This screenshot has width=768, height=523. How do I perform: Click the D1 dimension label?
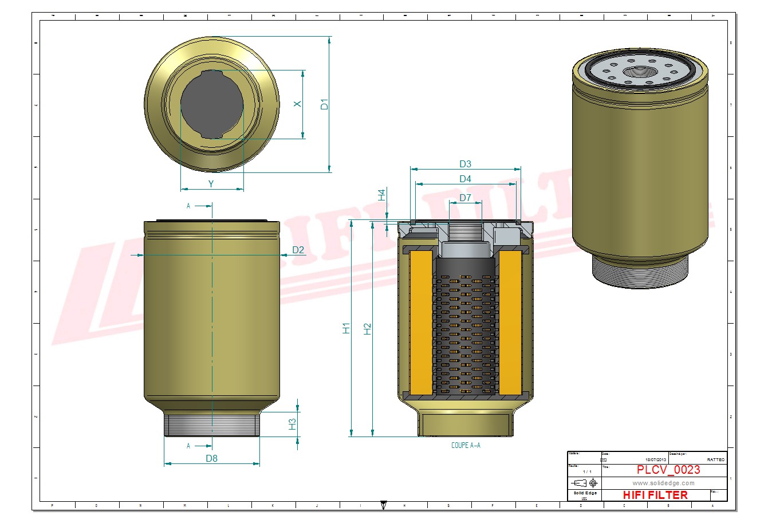pyautogui.click(x=324, y=104)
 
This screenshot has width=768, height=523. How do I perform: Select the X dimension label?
pyautogui.click(x=297, y=104)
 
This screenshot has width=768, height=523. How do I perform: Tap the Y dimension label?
pyautogui.click(x=211, y=184)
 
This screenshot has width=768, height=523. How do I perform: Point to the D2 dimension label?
pyautogui.click(x=298, y=250)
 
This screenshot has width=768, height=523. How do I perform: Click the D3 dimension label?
pyautogui.click(x=465, y=164)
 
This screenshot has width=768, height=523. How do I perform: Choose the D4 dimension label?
pyautogui.click(x=465, y=179)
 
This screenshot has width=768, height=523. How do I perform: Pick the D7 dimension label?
pyautogui.click(x=465, y=198)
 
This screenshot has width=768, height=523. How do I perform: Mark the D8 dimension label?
pyautogui.click(x=211, y=458)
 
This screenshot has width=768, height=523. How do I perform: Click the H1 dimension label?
pyautogui.click(x=346, y=328)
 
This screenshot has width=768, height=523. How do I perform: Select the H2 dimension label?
pyautogui.click(x=368, y=328)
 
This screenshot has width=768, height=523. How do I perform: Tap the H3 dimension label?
pyautogui.click(x=293, y=424)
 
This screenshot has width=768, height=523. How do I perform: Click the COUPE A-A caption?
pyautogui.click(x=466, y=446)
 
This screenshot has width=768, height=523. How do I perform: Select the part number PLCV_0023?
pyautogui.click(x=668, y=470)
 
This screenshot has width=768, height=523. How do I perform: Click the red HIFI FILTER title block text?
pyautogui.click(x=655, y=495)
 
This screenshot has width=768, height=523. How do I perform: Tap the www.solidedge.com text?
pyautogui.click(x=663, y=483)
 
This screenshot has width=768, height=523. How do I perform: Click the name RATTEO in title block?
pyautogui.click(x=715, y=459)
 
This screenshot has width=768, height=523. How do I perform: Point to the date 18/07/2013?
pyautogui.click(x=656, y=459)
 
